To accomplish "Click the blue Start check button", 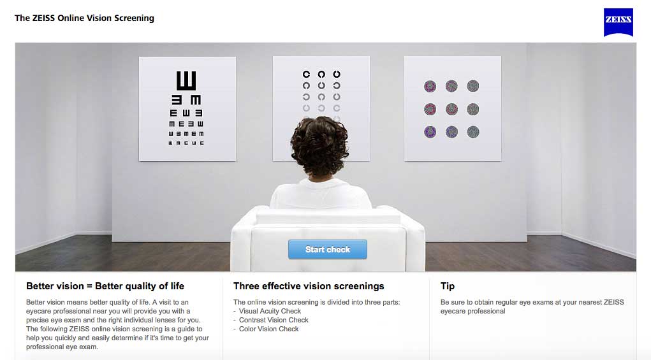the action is click(x=328, y=249).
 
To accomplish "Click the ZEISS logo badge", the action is click(x=618, y=22).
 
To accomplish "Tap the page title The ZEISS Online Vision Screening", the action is click(x=84, y=18).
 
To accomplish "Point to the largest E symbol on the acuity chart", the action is click(x=186, y=80).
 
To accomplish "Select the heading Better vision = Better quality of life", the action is click(x=105, y=286).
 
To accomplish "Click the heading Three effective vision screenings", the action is click(x=309, y=286).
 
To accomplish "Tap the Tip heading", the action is click(x=448, y=286).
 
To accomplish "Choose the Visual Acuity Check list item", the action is click(x=270, y=311).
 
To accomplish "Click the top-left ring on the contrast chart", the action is click(x=307, y=75).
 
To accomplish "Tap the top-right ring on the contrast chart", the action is click(x=337, y=75).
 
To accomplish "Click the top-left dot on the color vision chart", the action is click(x=430, y=86).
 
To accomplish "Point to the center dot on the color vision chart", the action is click(x=451, y=110).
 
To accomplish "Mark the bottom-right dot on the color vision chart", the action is click(x=473, y=132).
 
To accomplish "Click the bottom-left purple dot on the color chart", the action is click(x=430, y=132).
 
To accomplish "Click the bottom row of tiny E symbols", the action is click(x=186, y=143).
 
